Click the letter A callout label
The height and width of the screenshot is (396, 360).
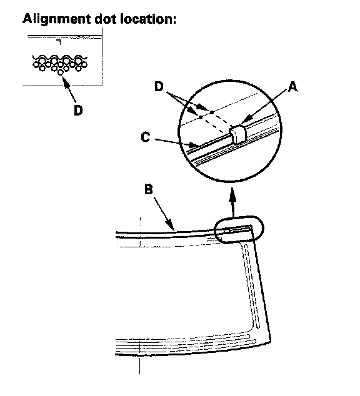click(292, 87)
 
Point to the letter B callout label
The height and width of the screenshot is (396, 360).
click(149, 189)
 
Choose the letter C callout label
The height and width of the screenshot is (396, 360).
click(145, 137)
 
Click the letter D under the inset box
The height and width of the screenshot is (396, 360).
click(78, 110)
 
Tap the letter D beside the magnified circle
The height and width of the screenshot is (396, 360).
click(159, 86)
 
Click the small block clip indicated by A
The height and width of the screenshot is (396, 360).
click(237, 133)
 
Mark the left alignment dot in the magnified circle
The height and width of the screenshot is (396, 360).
click(201, 117)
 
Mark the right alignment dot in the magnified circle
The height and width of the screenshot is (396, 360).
click(212, 112)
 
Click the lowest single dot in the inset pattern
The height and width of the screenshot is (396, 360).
click(61, 72)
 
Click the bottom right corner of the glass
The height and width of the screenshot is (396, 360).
click(271, 342)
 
